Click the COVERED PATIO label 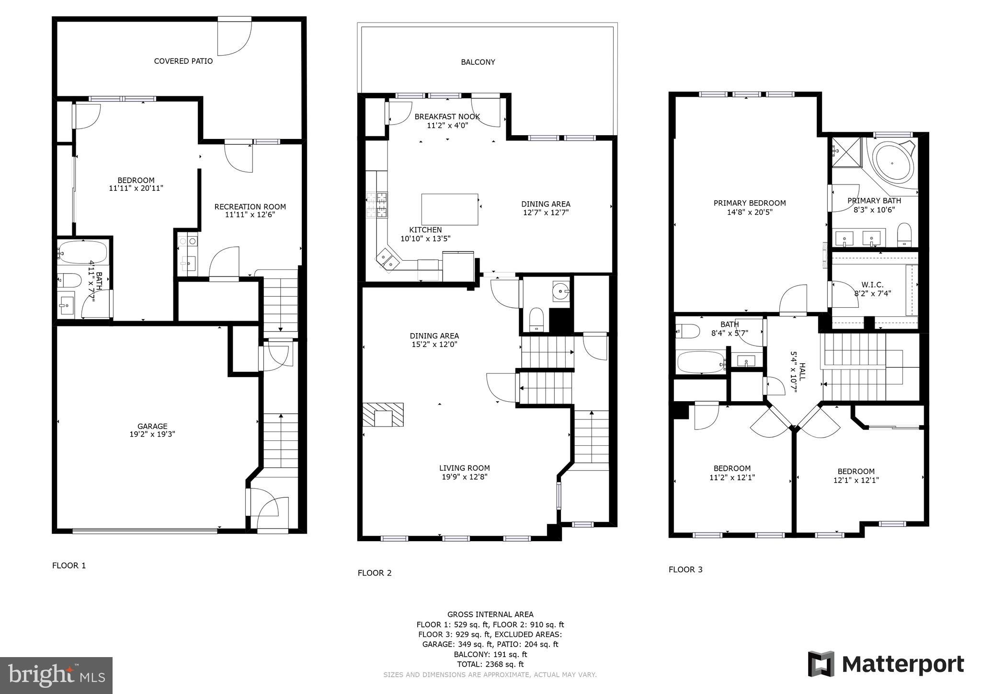pos(183,61)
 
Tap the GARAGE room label pos(152,426)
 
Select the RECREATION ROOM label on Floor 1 pos(250,207)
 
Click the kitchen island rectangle pos(449,209)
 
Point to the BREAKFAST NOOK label pos(447,117)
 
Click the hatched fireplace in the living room pos(383,415)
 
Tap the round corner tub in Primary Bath pos(893,163)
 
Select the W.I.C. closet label pos(872,285)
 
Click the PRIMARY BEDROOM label pos(749,203)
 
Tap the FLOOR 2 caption pos(375,573)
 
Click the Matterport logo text pos(902,665)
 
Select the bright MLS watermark pos(57,676)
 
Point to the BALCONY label pos(478,62)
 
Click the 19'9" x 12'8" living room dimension pos(464,477)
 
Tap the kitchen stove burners pos(377,205)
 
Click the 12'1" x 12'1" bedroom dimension pos(856,480)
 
